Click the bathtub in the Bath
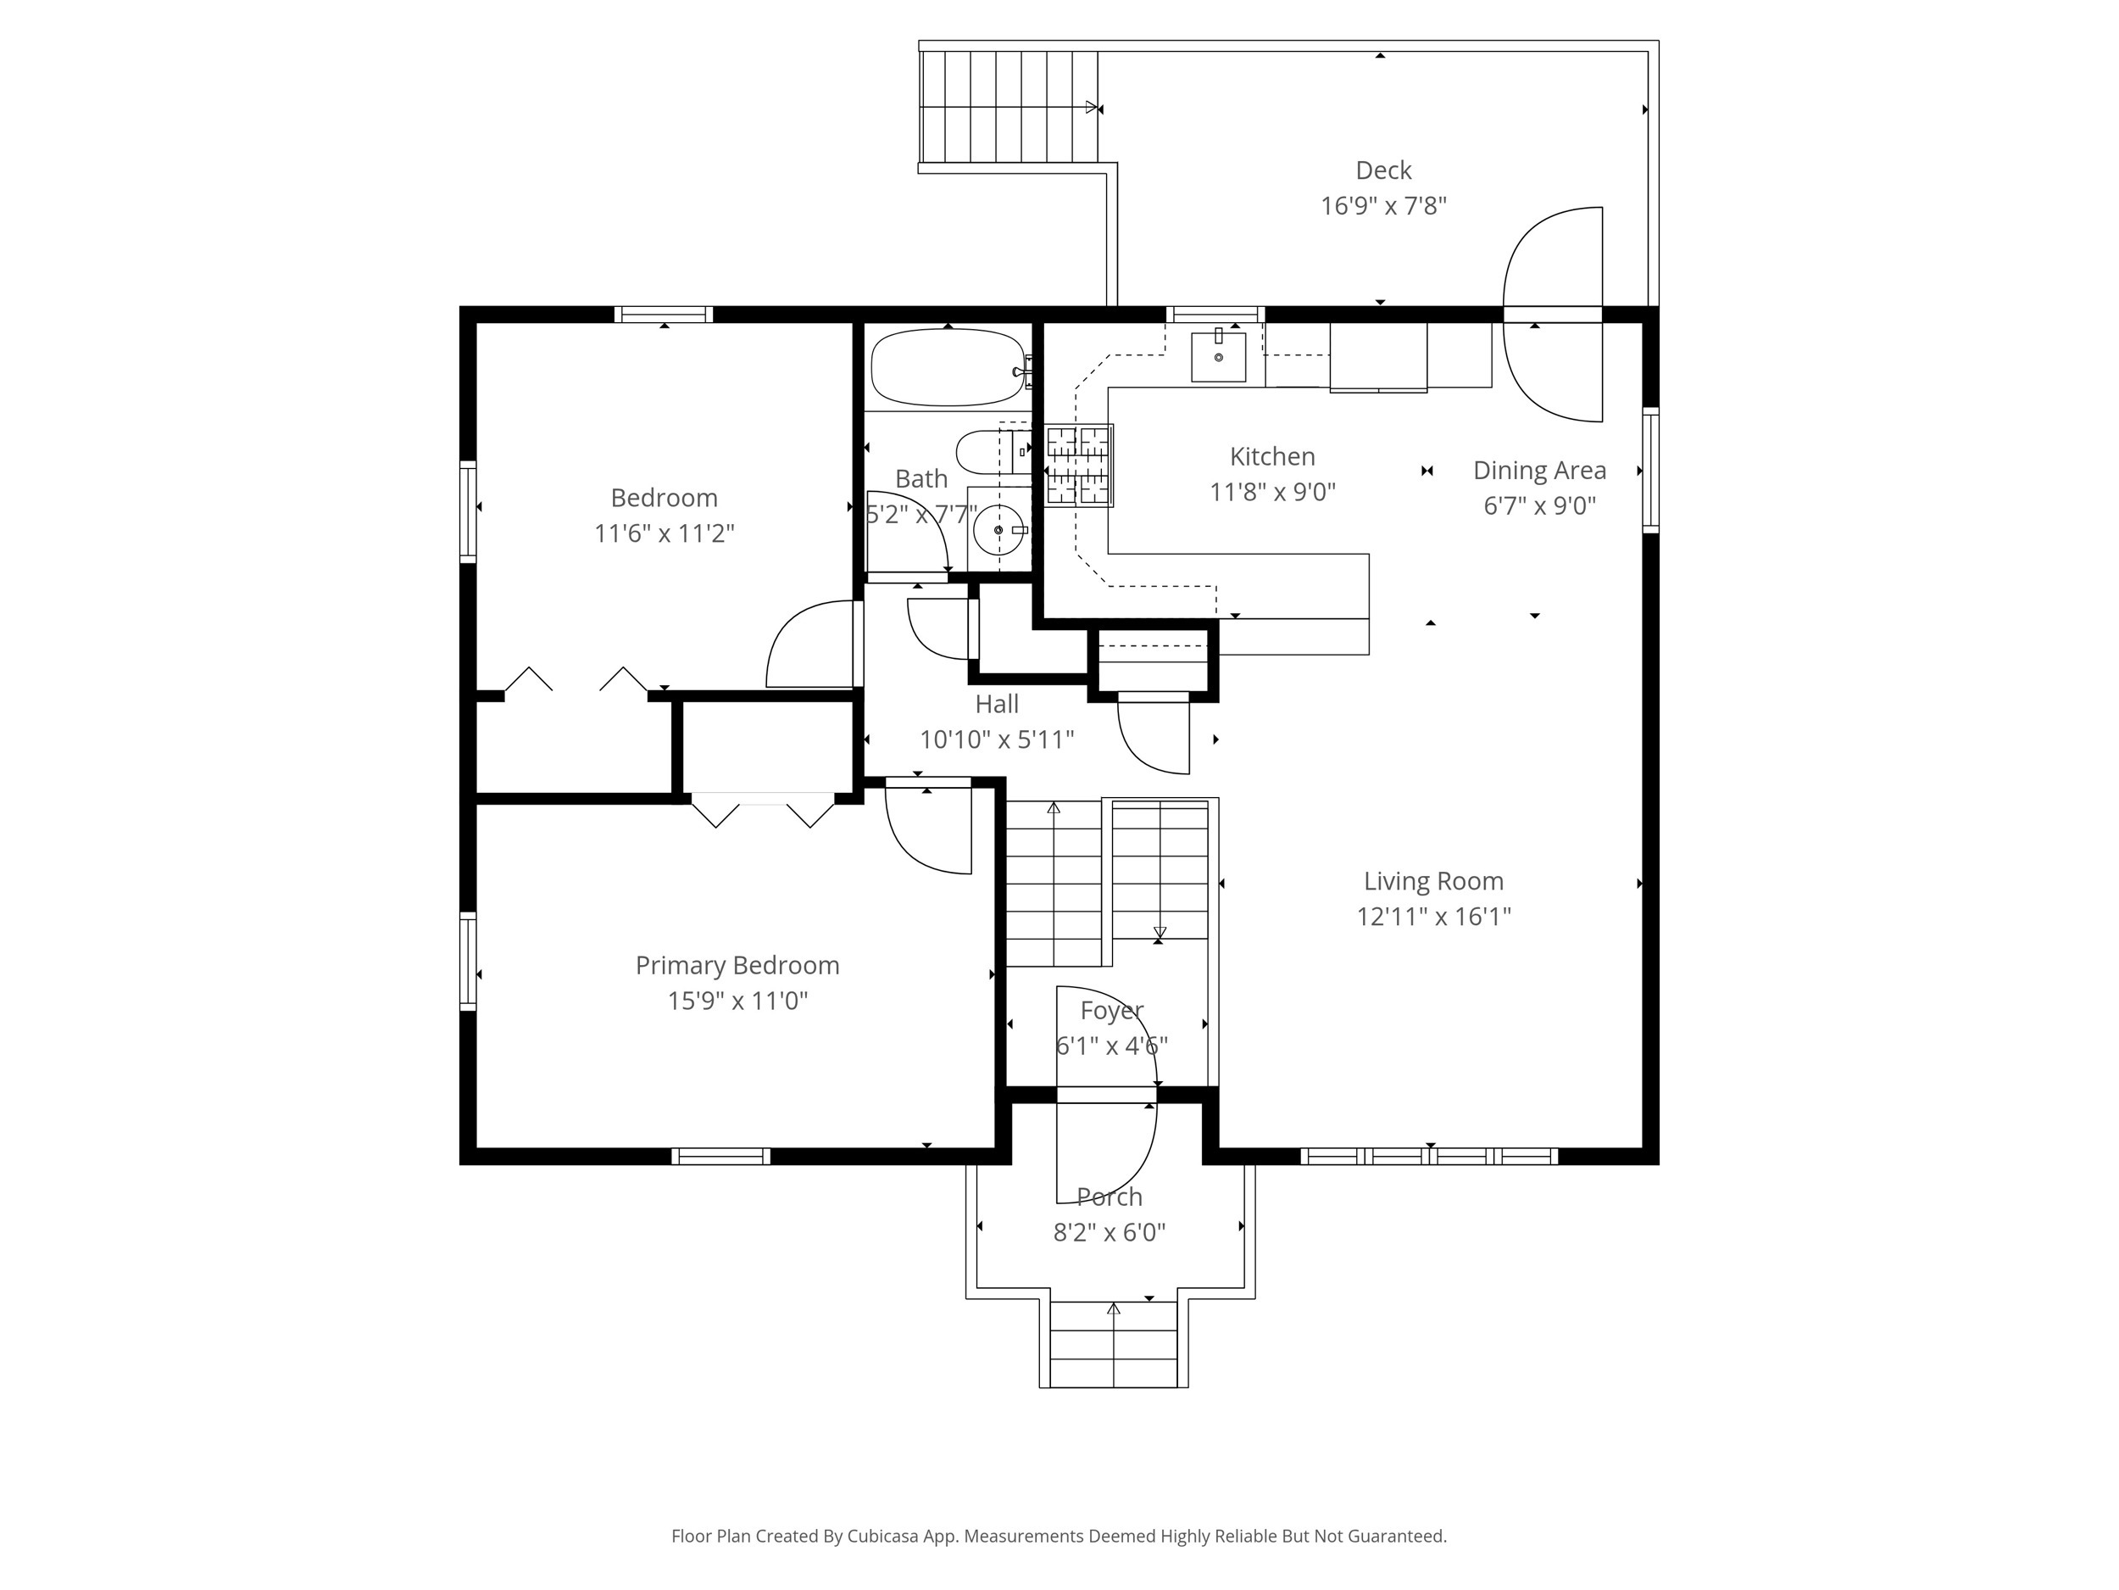pos(948,368)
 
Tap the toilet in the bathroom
pos(994,452)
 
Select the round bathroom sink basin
pos(999,530)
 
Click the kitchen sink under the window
pos(1219,356)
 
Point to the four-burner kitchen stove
pos(1079,466)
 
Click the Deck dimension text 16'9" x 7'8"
pos(1383,206)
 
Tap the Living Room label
pos(1433,881)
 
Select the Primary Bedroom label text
pos(737,965)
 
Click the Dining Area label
pos(1539,471)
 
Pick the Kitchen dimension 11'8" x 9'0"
pos(1272,492)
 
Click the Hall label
pos(996,705)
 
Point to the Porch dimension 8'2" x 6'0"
pos(1110,1232)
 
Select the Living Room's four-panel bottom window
pos(1429,1156)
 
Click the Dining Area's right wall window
pos(1650,470)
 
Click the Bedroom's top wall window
pos(664,315)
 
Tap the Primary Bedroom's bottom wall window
pos(720,1156)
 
